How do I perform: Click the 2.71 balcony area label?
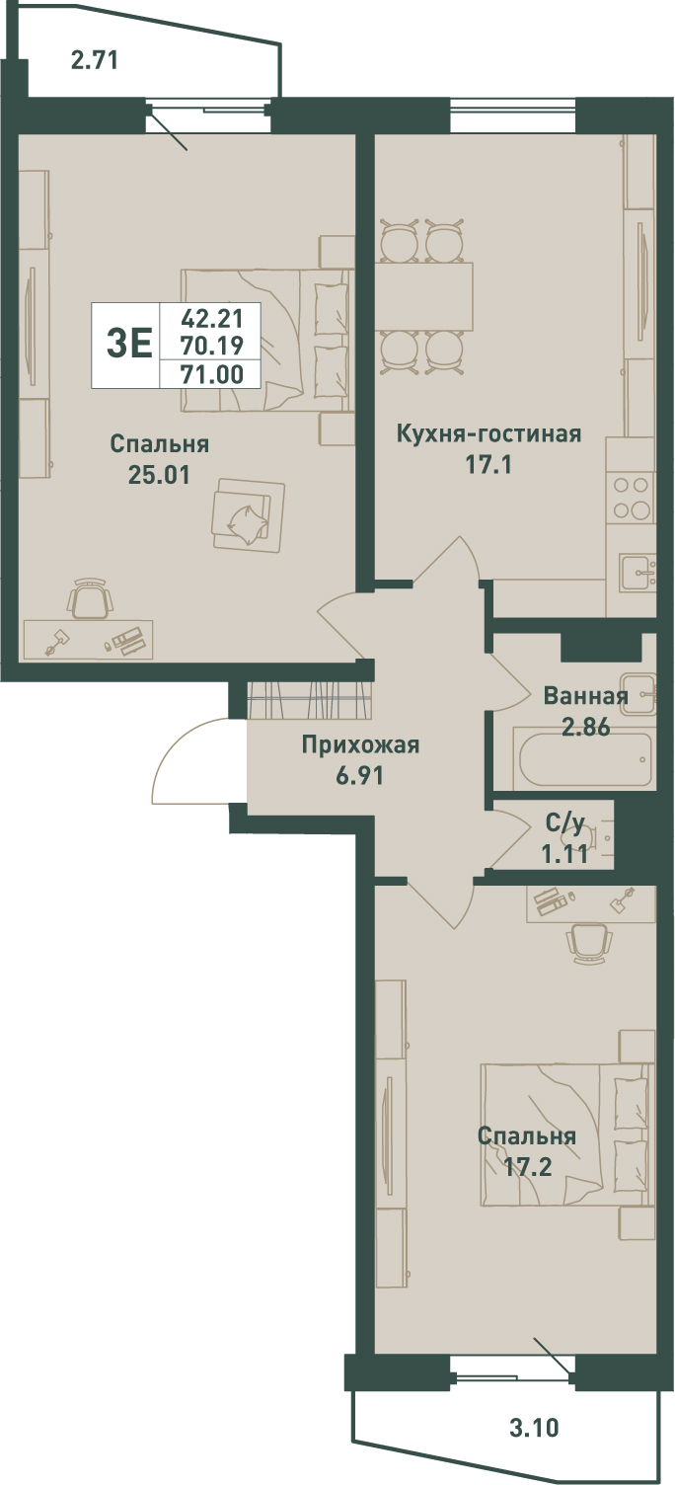94,60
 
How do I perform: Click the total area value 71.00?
212,374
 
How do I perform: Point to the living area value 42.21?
212,318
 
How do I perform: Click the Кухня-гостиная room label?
488,434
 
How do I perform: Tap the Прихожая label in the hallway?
360,745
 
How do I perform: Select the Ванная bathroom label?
585,696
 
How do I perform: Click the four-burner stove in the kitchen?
631,498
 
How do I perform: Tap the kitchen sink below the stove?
637,573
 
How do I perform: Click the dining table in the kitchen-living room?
424,296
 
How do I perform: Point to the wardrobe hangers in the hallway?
309,698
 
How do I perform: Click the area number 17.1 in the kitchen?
488,465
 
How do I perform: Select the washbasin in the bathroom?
638,694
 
